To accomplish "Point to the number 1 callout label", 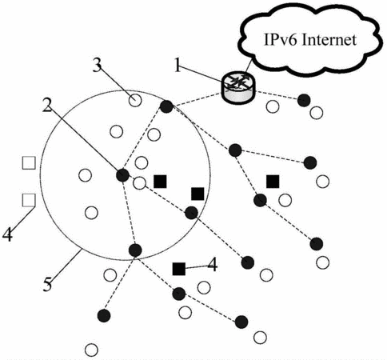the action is [x=178, y=65].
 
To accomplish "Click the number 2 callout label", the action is [x=47, y=106].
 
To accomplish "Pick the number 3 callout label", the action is [x=98, y=65].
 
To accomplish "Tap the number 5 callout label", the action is [x=47, y=284].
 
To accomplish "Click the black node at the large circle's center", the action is [x=123, y=175].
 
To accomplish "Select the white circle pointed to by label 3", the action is [x=135, y=101].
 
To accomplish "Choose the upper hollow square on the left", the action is [x=29, y=162].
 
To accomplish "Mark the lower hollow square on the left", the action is [x=29, y=200].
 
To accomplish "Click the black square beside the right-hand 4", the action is [x=179, y=269].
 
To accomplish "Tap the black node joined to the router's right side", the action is [x=304, y=100].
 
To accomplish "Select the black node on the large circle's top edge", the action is [x=166, y=106].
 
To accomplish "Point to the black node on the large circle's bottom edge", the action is [x=135, y=250].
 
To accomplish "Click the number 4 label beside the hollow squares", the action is [x=7, y=234].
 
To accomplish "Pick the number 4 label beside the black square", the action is [x=213, y=265].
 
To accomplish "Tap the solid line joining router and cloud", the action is [x=249, y=66].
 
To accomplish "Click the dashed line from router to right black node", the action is [x=277, y=95].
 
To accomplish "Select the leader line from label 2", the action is [x=84, y=139].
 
